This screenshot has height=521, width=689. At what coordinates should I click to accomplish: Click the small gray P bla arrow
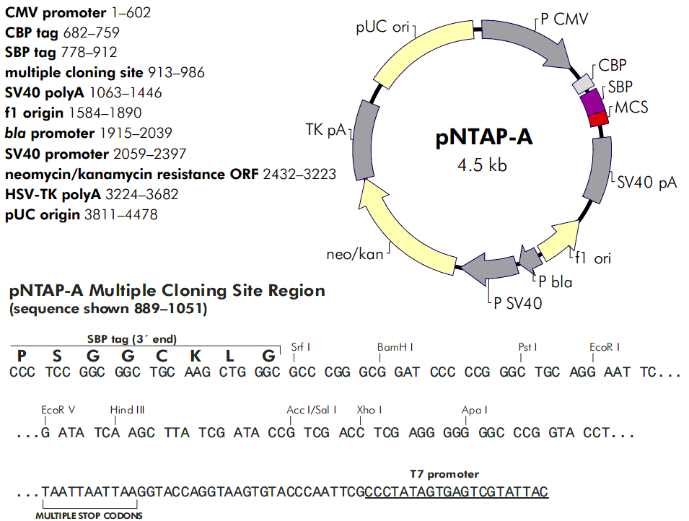coord(529,258)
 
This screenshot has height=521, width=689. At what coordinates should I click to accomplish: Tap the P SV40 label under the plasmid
coord(517,304)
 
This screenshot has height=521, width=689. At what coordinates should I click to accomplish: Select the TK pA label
coord(326,130)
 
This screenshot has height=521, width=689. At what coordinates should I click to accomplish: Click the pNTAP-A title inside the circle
coord(484,136)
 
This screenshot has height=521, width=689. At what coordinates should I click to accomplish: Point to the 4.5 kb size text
coord(482,165)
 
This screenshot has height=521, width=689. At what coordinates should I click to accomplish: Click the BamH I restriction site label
coord(395,347)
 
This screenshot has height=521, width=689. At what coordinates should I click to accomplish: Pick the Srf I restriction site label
coord(301,347)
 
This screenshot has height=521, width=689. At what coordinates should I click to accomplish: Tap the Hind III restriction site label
coord(128,410)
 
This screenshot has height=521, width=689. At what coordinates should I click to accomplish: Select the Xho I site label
coord(369,410)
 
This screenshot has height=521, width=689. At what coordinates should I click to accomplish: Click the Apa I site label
coord(475,410)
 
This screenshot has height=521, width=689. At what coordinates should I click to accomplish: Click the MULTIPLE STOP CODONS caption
coord(89,515)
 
